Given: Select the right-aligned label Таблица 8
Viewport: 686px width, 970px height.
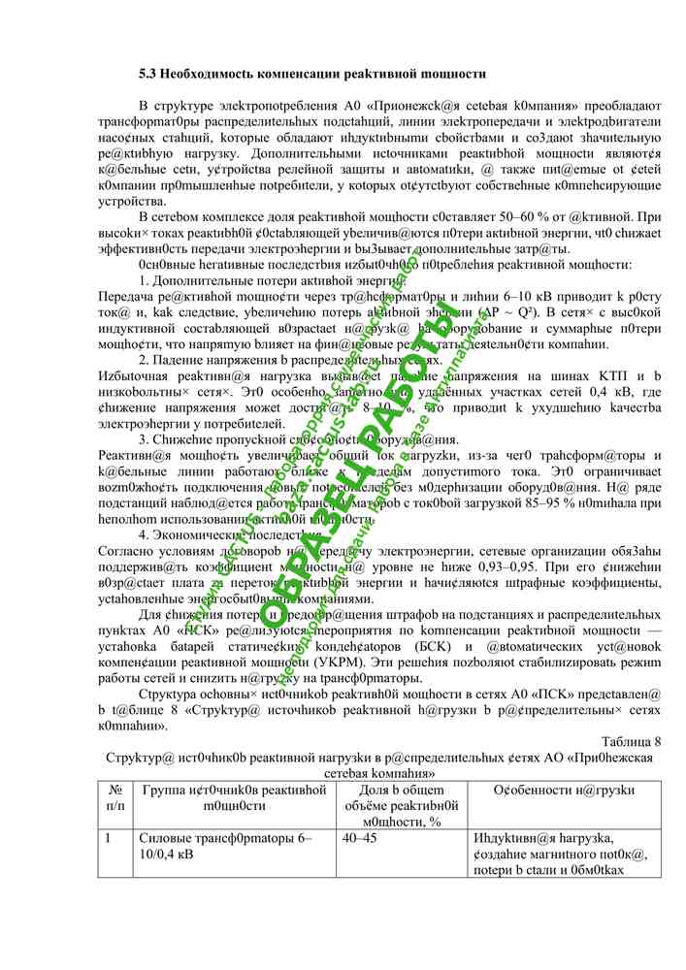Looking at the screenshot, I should tap(632, 741).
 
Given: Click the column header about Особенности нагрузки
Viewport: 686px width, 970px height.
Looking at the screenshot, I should tap(563, 791).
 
